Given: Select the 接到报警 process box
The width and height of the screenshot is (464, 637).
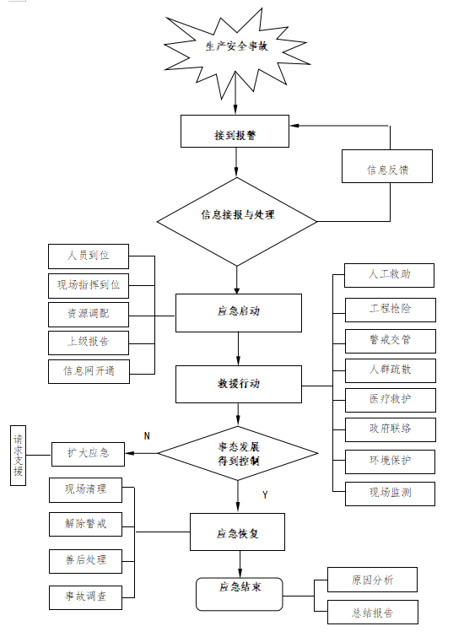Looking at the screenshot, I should coord(235,133).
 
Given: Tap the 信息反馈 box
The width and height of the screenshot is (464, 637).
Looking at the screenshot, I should coord(387,167).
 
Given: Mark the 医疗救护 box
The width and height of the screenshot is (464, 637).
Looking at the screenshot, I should coord(390,398).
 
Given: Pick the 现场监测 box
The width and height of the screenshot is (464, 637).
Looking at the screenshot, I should coord(390,492).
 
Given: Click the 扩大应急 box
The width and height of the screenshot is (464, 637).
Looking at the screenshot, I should coord(88,454).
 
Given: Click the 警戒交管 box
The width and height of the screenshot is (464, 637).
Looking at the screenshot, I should coord(390,338).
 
